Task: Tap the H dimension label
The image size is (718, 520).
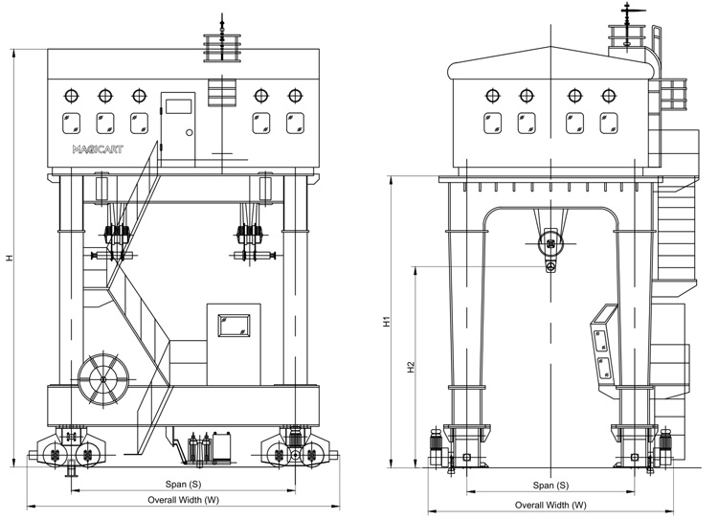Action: [x=10, y=258]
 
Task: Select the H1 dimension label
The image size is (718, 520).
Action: [x=387, y=323]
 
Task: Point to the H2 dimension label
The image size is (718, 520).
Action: [x=410, y=367]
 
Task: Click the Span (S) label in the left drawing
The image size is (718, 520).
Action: [x=180, y=485]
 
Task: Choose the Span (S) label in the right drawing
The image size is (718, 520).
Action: [x=550, y=486]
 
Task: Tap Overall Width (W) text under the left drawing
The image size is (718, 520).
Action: [x=183, y=500]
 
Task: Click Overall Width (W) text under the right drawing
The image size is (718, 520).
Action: [x=550, y=505]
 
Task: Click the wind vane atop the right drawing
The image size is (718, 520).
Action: [x=628, y=12]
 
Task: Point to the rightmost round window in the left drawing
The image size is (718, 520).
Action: [x=295, y=96]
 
